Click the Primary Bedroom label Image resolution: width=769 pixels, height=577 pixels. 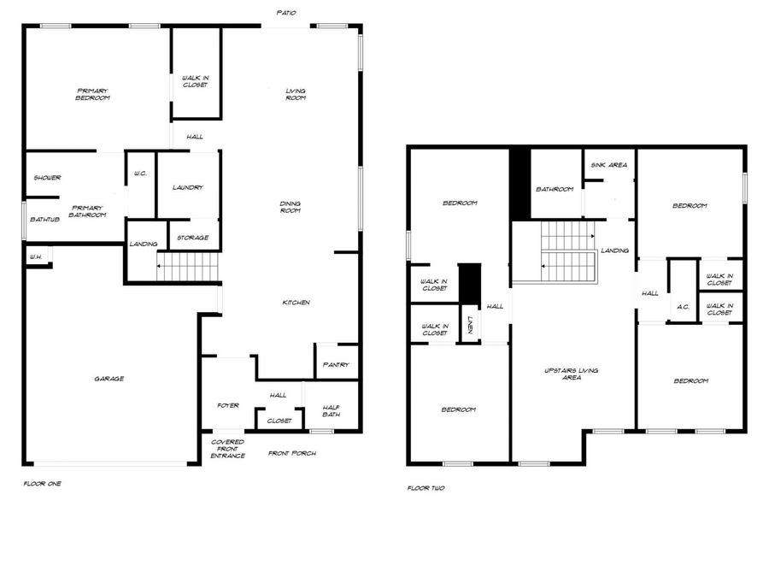click(x=93, y=95)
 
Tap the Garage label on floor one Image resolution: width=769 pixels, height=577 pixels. click(x=109, y=379)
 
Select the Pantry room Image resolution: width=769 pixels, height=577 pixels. click(x=336, y=365)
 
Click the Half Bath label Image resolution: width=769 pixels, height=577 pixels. click(x=332, y=411)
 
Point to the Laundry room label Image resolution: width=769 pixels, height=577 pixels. click(x=187, y=188)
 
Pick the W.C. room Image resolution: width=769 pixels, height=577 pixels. click(x=141, y=174)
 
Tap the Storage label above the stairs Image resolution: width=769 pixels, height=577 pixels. click(x=192, y=238)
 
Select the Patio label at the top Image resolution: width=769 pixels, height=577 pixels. click(x=287, y=13)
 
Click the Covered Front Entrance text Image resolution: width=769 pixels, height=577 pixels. click(x=228, y=449)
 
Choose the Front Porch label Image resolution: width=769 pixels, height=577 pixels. click(x=292, y=453)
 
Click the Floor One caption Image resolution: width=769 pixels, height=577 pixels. click(x=42, y=484)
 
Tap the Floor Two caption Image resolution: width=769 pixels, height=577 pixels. click(x=426, y=488)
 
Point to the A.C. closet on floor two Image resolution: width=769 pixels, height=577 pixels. click(x=683, y=307)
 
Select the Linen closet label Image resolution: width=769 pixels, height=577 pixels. click(x=471, y=325)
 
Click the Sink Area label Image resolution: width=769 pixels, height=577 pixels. click(x=608, y=165)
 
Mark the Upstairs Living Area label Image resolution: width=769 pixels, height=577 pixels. click(x=572, y=374)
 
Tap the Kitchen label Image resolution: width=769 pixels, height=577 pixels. click(x=296, y=303)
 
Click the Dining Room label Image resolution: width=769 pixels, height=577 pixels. click(x=291, y=207)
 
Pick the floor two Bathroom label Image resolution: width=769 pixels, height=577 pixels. click(x=555, y=189)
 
